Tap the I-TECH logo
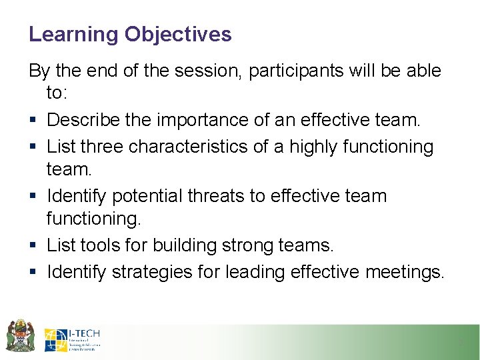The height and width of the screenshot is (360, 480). [73, 339]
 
